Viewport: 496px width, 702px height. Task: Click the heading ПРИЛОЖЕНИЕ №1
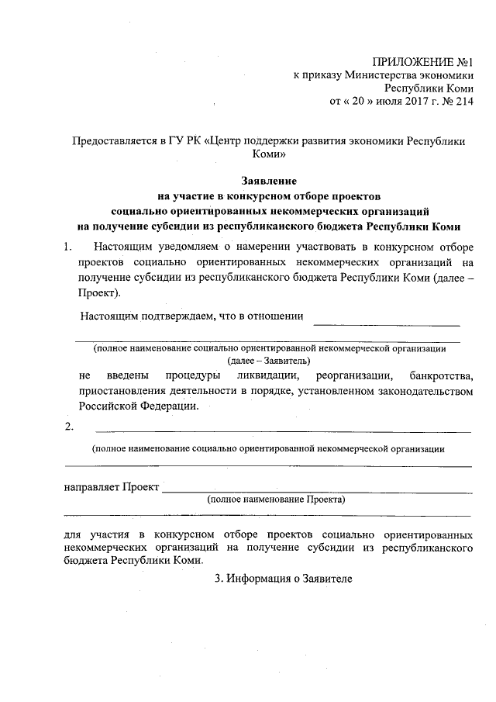pos(422,61)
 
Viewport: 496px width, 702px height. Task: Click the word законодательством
pos(420,390)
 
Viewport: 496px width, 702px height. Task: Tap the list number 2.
pos(69,427)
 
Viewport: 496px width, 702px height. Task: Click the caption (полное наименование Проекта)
pos(276,500)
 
